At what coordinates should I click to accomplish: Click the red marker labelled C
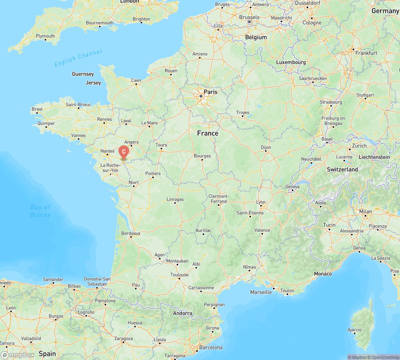click(x=124, y=152)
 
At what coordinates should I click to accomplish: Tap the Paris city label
click(x=210, y=92)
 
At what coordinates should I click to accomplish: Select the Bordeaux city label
click(x=131, y=233)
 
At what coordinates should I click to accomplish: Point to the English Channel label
click(x=78, y=58)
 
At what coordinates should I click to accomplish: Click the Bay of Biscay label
click(x=41, y=211)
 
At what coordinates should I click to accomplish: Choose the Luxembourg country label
click(x=291, y=62)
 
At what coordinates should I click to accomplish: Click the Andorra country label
click(x=182, y=313)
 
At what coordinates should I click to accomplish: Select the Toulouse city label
click(x=179, y=275)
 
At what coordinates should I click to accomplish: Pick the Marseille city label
click(x=261, y=292)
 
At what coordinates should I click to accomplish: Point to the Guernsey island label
click(x=83, y=74)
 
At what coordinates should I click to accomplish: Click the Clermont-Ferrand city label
click(x=218, y=199)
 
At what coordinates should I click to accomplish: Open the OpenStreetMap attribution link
click(x=384, y=357)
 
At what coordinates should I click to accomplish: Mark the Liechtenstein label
click(x=374, y=157)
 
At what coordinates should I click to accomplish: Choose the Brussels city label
click(x=249, y=18)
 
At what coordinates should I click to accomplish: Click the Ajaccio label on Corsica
click(x=355, y=330)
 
